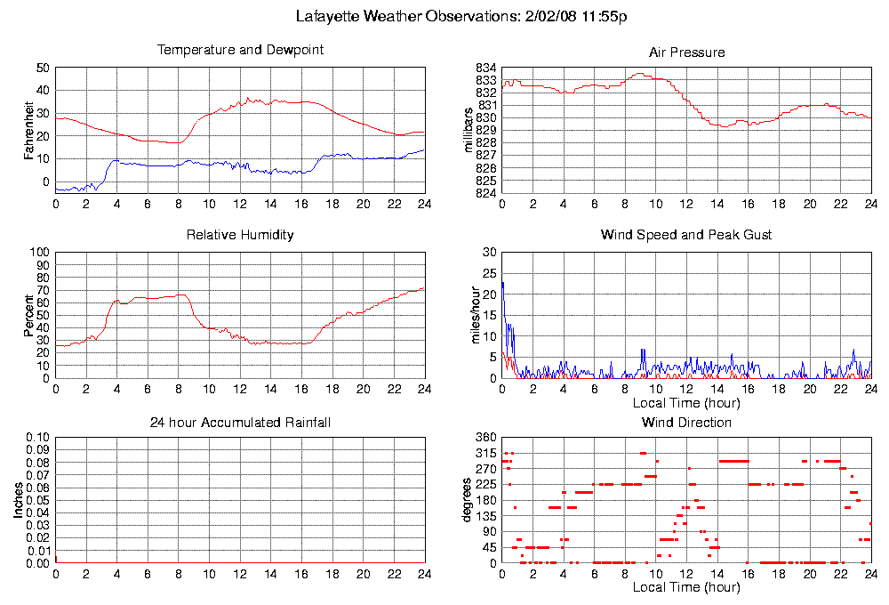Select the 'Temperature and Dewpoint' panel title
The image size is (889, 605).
[x=240, y=50]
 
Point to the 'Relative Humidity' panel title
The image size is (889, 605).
[x=240, y=235]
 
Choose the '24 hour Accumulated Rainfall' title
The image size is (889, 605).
[x=240, y=422]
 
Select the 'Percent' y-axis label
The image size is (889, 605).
[x=30, y=316]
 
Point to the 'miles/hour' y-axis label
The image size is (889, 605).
[x=469, y=316]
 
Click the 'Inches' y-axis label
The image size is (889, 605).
[x=18, y=501]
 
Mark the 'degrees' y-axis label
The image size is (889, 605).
[x=469, y=501]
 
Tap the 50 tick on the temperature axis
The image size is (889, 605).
[x=43, y=69]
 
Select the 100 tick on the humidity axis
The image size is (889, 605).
[x=39, y=253]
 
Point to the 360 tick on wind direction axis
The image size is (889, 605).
[x=485, y=438]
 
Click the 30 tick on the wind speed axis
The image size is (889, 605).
[x=488, y=253]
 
